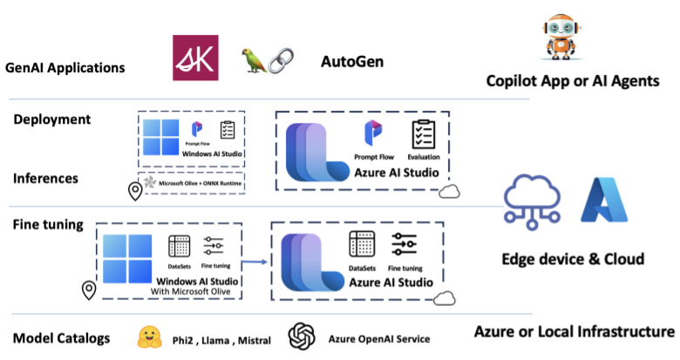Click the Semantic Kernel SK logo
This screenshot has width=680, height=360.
coord(195,58)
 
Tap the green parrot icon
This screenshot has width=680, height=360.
coord(254,60)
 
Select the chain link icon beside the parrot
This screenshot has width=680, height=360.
coord(281,60)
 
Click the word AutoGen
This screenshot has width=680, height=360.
coord(352,62)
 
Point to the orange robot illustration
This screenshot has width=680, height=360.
coord(561,37)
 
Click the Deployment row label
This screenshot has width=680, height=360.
coord(52,119)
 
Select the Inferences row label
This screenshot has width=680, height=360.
coord(45,179)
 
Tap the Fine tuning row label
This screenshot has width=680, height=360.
coord(48,225)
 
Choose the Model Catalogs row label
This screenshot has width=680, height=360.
coord(62,338)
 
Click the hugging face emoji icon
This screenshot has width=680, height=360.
coord(150,337)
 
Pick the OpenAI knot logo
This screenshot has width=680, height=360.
coord(302,336)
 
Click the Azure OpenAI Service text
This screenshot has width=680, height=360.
coord(379,339)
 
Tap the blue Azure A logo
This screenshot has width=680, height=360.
coord(604,200)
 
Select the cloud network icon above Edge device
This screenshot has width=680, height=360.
coord(532,201)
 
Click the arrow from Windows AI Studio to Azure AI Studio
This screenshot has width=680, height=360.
coord(255,262)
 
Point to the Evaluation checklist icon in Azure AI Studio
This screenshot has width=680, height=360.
coord(424,134)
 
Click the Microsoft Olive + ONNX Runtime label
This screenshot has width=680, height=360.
coord(200,183)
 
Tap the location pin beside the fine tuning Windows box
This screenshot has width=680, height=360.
coord(89,290)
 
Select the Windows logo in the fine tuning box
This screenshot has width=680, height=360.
coord(127,259)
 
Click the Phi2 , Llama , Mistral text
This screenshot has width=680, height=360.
coord(221,341)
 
